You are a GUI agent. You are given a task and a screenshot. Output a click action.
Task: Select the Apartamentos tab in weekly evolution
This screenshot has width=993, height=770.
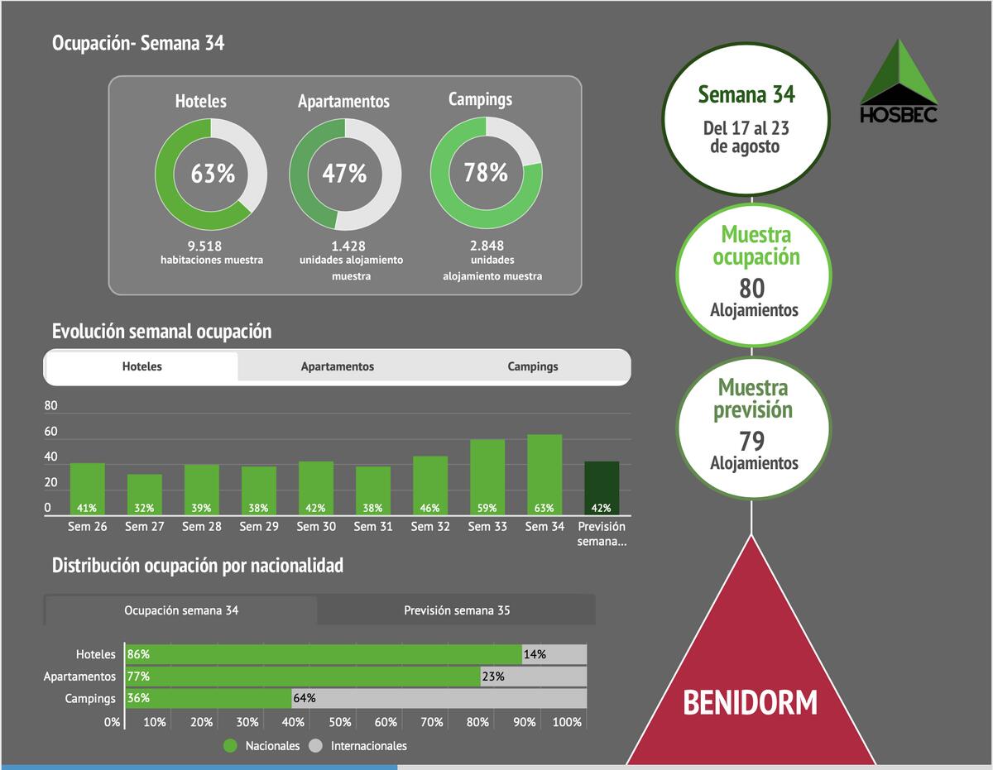[x=337, y=366]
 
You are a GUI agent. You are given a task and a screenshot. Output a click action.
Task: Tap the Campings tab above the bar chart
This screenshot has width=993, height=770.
[x=533, y=366]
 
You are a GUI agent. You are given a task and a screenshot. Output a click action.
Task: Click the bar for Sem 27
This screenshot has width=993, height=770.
[x=144, y=495]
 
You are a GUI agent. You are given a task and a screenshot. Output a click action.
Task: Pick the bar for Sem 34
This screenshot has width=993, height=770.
[x=544, y=475]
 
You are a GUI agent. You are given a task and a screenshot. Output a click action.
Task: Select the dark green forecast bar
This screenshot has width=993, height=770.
[x=602, y=488]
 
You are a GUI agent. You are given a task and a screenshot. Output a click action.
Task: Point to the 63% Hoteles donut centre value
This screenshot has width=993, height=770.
[x=213, y=174]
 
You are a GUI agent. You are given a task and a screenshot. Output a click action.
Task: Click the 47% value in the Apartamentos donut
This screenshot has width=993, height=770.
[x=344, y=174]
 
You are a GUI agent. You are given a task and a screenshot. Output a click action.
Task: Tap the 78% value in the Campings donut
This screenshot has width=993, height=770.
[x=486, y=173]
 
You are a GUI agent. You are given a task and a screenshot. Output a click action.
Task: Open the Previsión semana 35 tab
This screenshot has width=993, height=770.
[x=457, y=610]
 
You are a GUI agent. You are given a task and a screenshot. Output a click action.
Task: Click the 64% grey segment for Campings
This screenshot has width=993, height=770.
[x=439, y=698]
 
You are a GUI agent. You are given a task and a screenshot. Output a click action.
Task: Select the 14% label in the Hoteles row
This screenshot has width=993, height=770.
[x=535, y=654]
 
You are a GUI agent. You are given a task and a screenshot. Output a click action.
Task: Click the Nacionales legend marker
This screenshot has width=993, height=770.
[x=231, y=745]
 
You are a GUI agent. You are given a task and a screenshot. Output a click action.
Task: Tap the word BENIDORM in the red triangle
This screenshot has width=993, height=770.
[x=750, y=702]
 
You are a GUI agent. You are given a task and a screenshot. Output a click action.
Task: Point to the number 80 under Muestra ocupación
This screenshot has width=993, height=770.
[x=752, y=288]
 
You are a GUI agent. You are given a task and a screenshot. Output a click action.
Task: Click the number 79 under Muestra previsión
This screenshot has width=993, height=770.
[x=752, y=441]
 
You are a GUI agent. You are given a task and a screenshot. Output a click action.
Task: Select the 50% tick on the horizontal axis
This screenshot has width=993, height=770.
[x=339, y=722]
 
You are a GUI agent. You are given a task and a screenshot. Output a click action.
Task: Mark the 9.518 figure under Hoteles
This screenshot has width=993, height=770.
[x=204, y=246]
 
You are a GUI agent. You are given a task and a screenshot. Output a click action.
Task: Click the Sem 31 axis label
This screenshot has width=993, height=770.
[x=373, y=526]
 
